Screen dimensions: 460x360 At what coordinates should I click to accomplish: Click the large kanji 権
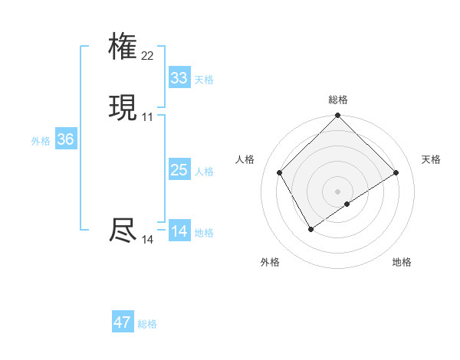(123, 47)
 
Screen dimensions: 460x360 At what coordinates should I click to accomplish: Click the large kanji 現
(123, 108)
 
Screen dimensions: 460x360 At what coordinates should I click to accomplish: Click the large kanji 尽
(123, 231)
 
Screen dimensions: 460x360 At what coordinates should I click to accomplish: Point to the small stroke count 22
(147, 56)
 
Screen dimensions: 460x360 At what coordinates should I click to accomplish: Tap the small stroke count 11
(147, 117)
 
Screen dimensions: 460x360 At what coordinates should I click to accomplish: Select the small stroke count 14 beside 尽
(147, 240)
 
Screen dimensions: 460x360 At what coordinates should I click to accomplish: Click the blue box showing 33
(179, 78)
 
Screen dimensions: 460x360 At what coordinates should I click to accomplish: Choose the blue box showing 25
(179, 170)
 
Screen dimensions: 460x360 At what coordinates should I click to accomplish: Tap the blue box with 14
(179, 231)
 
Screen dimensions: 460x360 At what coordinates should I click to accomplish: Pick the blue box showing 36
(65, 139)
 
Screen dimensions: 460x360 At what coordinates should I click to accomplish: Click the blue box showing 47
(123, 322)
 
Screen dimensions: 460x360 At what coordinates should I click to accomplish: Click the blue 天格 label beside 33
(204, 80)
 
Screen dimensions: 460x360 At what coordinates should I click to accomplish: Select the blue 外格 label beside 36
(41, 141)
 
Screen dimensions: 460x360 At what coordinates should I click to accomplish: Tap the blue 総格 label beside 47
(147, 324)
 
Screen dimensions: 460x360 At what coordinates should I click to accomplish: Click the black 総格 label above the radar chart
(338, 100)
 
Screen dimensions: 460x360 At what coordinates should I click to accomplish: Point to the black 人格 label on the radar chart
(245, 159)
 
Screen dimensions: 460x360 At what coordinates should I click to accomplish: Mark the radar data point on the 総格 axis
(338, 116)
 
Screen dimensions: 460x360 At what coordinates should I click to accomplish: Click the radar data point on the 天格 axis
(396, 173)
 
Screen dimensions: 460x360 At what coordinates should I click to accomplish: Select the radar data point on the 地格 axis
(347, 204)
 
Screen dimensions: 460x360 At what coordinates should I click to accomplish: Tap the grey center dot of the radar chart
(338, 191)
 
